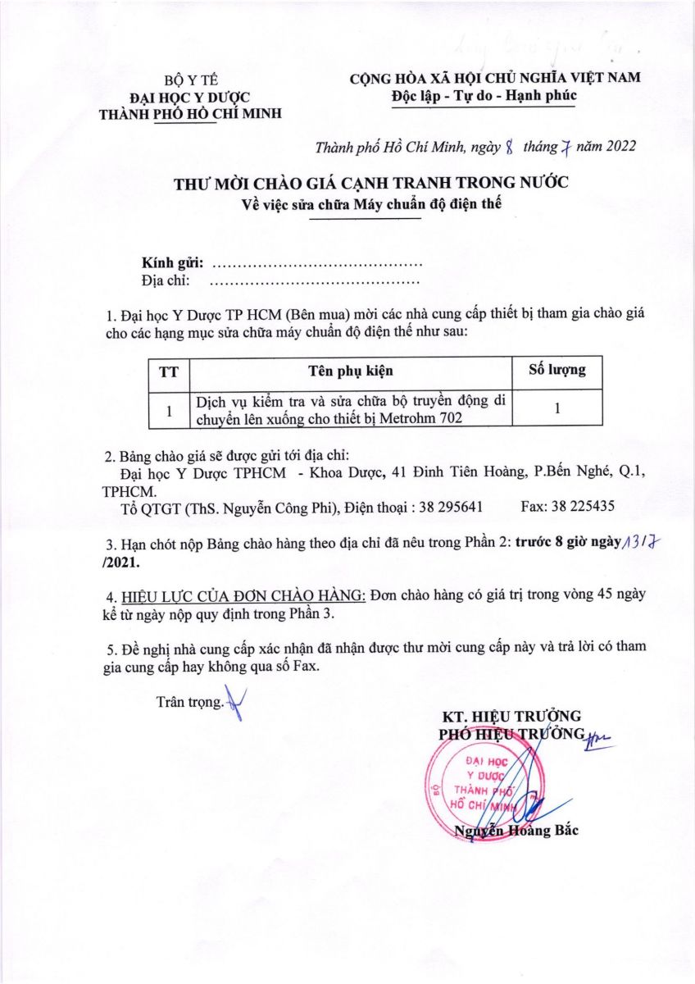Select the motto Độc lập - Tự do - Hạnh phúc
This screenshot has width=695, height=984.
coord(484,95)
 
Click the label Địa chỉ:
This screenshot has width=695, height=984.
coord(166,281)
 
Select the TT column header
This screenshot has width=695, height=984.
coord(169,371)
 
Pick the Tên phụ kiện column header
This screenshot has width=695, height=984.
coord(351,371)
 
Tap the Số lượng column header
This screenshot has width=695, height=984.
coord(556,370)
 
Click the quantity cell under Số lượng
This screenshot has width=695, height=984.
coord(556,410)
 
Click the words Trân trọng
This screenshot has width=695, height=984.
coord(189,703)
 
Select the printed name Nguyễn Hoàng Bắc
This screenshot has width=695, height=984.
coord(516,831)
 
